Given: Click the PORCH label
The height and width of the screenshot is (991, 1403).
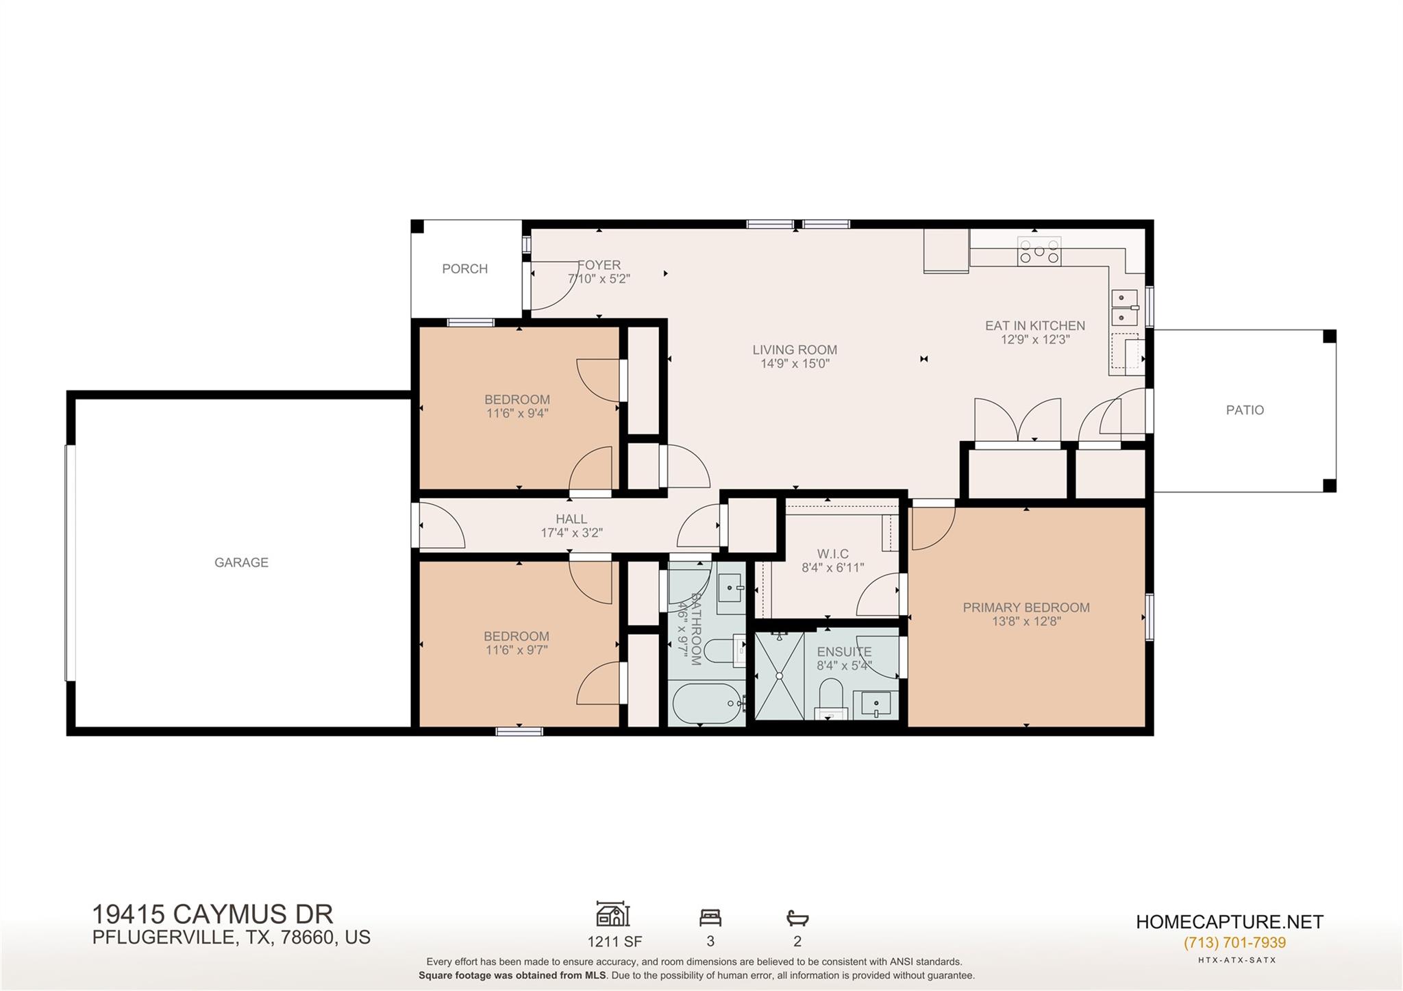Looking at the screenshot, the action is (x=464, y=269).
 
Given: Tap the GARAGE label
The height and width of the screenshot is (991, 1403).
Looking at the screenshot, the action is (x=241, y=562).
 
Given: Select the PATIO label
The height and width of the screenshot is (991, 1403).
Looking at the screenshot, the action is (x=1245, y=410).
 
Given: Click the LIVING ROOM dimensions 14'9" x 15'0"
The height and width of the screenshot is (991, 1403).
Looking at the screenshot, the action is (x=795, y=364).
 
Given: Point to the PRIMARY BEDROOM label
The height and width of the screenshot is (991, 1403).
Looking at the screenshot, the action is (x=1026, y=607).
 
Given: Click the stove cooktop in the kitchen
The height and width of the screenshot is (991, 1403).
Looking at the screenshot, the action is (x=1039, y=251).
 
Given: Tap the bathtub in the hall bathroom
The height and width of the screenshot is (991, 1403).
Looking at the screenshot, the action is (x=708, y=703).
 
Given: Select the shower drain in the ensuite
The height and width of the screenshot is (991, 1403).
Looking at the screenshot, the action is (x=779, y=675).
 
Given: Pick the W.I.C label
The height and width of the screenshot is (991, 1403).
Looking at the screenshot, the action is (x=833, y=554).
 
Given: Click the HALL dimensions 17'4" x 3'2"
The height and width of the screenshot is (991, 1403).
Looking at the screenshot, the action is (x=571, y=533).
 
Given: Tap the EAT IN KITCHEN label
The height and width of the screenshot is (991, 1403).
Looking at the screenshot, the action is (x=1034, y=326).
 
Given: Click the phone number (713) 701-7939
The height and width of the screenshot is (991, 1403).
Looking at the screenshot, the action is (x=1234, y=942).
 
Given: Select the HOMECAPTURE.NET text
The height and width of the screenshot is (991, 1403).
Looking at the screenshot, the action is (x=1229, y=922).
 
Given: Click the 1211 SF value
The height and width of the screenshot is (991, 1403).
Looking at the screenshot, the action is (x=614, y=942).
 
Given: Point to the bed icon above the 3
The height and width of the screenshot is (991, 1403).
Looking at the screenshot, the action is (x=710, y=917).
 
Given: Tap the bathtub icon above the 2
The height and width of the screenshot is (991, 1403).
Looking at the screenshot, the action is (x=797, y=918).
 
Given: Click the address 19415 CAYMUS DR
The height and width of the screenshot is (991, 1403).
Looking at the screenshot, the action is (x=212, y=914).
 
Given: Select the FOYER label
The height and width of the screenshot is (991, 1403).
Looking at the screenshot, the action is (x=599, y=265).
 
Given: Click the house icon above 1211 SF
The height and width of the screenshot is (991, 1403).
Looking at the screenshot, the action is (x=613, y=914).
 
